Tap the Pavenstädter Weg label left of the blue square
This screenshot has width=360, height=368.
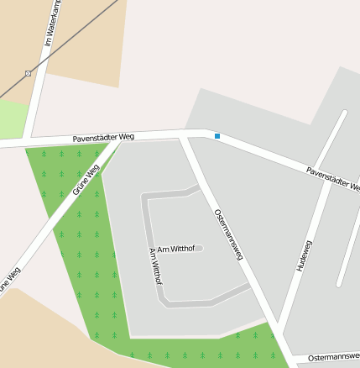[103, 136]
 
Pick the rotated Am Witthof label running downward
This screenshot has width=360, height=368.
[154, 265]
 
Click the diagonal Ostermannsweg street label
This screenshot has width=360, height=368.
[228, 234]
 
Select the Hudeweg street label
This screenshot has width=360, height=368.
[304, 255]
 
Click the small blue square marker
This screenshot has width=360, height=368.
[217, 136]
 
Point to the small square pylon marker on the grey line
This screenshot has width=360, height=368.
[28, 73]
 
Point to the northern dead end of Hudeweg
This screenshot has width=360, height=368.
[344, 113]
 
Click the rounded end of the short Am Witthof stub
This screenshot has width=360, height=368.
[201, 248]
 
